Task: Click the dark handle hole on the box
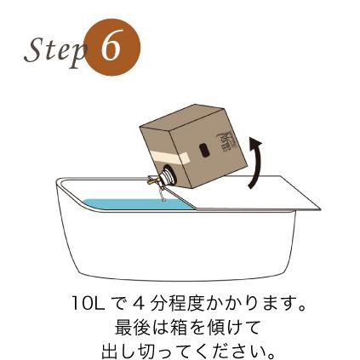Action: point(204,150)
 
